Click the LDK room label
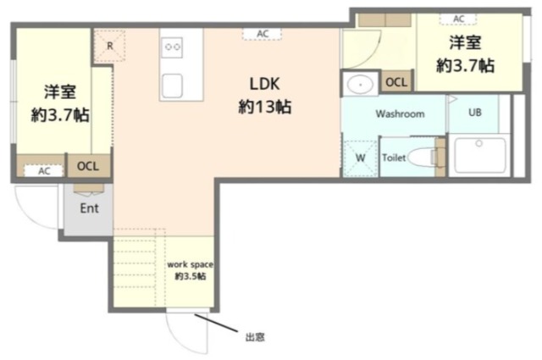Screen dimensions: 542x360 264,84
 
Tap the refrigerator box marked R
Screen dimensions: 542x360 109,46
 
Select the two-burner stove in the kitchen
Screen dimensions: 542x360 172,47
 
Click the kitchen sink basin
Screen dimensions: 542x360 172,86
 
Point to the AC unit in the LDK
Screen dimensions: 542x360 262,34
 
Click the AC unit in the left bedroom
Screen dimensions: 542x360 43,170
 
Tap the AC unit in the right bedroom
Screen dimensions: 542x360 458,19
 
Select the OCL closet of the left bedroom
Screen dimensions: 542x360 88,166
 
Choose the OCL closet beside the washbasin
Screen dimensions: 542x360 396,82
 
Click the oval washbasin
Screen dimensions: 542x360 360,85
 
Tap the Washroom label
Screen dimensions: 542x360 400,114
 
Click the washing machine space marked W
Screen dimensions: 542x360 360,158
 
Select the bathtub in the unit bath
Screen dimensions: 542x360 479,155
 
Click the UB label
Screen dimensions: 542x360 474,113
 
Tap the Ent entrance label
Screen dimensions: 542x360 89,208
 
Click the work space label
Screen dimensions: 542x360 190,264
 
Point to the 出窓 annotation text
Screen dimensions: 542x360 255,337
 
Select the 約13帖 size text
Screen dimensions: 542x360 265,107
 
